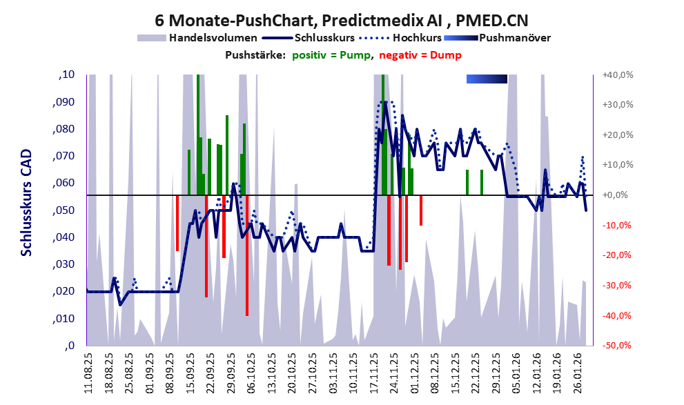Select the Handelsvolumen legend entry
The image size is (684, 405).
pos(213,38)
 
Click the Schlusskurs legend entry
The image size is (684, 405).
pos(324,38)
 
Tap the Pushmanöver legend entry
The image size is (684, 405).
pos(514,38)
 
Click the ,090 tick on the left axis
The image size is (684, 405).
pos(65,102)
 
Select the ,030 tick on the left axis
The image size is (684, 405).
pos(65,264)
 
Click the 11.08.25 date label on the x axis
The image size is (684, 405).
pos(88,373)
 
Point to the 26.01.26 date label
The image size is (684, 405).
pos(580,373)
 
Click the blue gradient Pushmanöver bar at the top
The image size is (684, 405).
pos(487,79)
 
